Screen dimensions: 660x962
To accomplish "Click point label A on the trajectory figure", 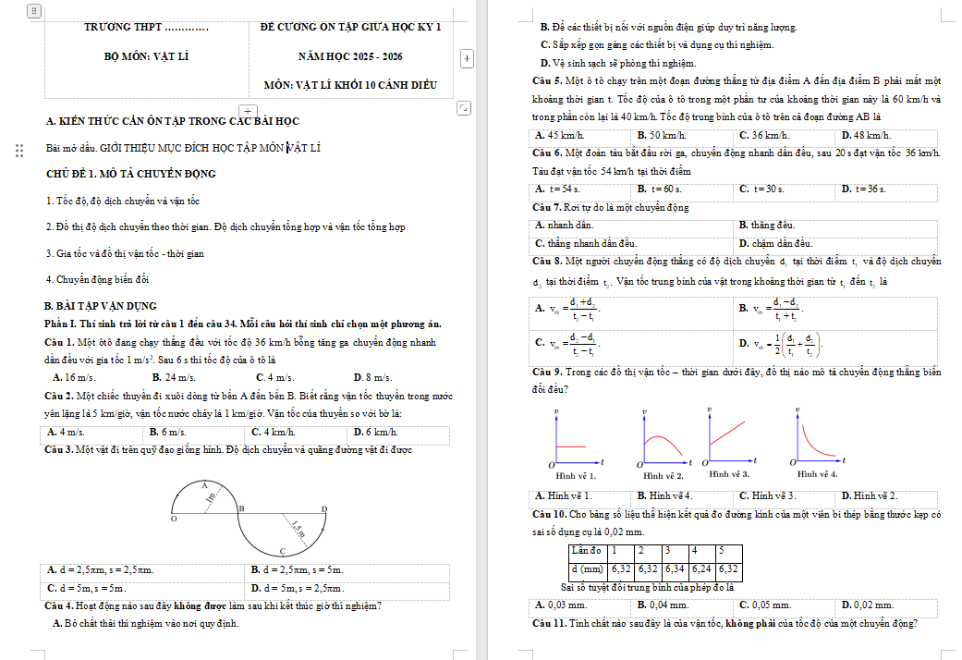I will click(x=204, y=485).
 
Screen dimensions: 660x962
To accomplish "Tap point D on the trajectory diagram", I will click(x=323, y=509).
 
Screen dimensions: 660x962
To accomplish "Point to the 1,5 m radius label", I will click(x=298, y=530).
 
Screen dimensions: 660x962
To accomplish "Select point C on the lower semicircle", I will click(x=283, y=551).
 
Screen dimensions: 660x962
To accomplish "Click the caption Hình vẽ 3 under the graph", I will click(x=728, y=473).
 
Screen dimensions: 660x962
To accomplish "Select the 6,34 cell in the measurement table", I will click(x=676, y=568).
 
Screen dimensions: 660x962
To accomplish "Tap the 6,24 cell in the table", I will click(x=702, y=568).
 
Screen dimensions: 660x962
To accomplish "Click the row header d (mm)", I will click(x=587, y=568).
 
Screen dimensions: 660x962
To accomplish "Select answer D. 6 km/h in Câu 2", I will click(x=375, y=432).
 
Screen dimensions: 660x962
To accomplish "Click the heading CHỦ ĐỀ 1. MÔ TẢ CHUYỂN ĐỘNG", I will click(x=130, y=174).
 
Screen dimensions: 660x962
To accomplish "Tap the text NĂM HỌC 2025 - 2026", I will click(x=350, y=56).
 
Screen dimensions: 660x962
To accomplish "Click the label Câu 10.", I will click(x=550, y=514).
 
